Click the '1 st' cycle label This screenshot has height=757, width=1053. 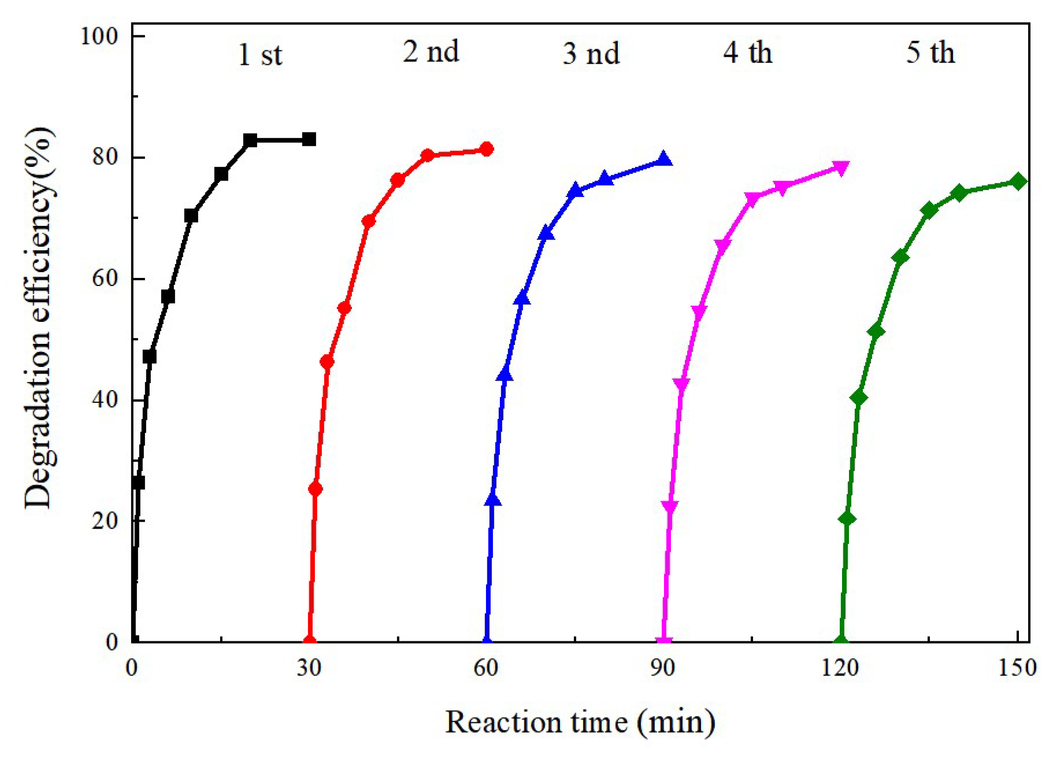coord(259,55)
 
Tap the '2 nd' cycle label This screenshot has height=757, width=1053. coord(431,52)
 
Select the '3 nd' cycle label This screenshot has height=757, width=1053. coord(591,54)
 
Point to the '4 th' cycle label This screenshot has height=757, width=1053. coord(747,53)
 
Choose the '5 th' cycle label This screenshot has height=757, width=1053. coord(930,53)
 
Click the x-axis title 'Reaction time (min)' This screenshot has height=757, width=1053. coord(580,722)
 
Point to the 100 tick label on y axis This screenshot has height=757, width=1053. coord(98,36)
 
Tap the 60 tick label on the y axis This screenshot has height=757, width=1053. coord(105,279)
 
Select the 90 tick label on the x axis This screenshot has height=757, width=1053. coord(663,667)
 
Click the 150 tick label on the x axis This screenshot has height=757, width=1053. coord(1018,667)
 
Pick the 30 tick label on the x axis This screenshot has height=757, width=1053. coord(309,667)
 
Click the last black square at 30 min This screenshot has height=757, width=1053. coord(309,139)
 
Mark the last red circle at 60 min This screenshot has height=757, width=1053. coord(487,149)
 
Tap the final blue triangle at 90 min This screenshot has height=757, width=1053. coord(664,159)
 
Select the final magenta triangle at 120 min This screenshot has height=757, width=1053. coord(841,168)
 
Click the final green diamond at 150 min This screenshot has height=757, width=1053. coord(1019,181)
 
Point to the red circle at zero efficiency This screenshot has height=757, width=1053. coord(309,641)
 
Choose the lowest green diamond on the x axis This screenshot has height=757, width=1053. coord(841,641)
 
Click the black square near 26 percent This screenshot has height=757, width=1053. coord(138,483)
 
